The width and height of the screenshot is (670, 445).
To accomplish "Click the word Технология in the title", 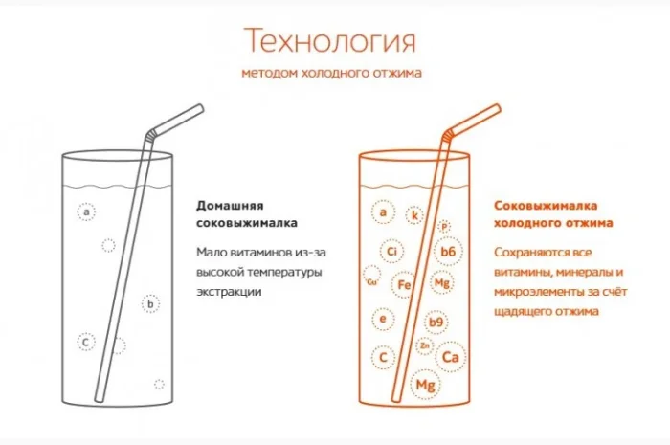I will pos(330,41).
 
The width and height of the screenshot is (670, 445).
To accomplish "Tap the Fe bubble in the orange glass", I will pos(403,284).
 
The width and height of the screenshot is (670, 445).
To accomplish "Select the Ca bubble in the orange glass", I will pos(450,356).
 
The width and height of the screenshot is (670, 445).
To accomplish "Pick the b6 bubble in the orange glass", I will pos(448,251).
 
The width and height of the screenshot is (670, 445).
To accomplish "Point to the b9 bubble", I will pos(435,323).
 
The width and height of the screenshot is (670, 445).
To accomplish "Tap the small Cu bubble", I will pos(371,281).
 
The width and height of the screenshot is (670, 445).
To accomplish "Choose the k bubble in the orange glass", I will pos(414,215).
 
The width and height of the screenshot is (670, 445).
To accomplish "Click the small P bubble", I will pos(444,226).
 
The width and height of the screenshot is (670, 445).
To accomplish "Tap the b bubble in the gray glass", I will pos(150,304).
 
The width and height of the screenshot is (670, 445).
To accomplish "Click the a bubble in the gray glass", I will pos(88,211).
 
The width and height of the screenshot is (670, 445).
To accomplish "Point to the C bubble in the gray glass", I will pos(85,341).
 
